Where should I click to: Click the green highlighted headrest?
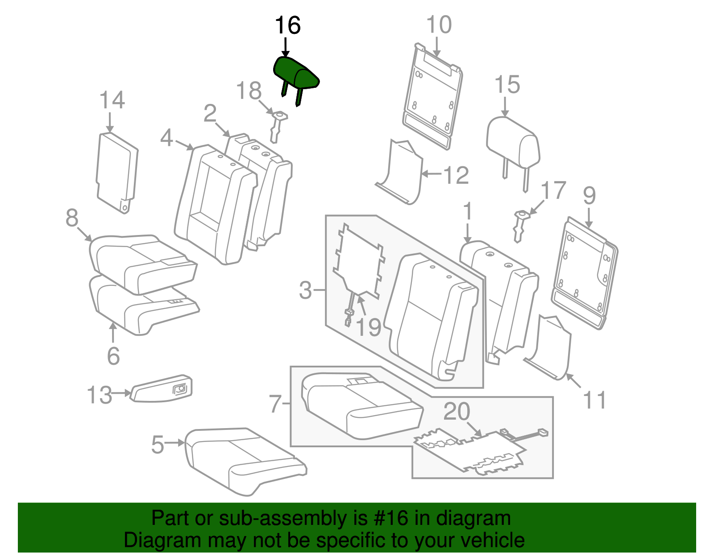295,74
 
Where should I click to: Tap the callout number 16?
287,25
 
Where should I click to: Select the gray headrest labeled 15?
513,143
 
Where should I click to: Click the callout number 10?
439,25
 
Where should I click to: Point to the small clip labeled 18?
277,126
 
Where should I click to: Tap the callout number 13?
99,395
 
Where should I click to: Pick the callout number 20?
457,412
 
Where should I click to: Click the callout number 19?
369,328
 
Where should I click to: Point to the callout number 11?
594,400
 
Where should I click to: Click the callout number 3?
305,290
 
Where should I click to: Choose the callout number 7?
276,404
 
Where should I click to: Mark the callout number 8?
72,218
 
